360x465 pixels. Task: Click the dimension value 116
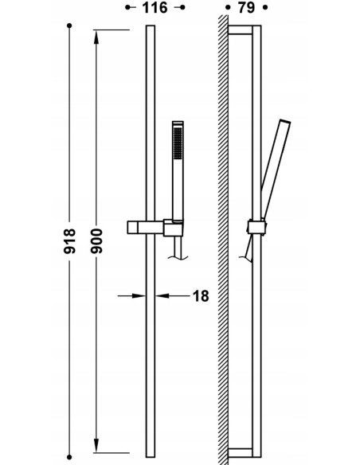155,8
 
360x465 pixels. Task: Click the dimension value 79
246,8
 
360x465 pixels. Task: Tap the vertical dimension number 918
69,240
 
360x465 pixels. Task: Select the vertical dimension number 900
96,240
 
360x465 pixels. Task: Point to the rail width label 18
201,296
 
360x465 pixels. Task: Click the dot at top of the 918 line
69,26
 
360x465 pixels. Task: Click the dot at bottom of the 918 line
69,457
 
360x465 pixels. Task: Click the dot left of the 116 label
127,7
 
